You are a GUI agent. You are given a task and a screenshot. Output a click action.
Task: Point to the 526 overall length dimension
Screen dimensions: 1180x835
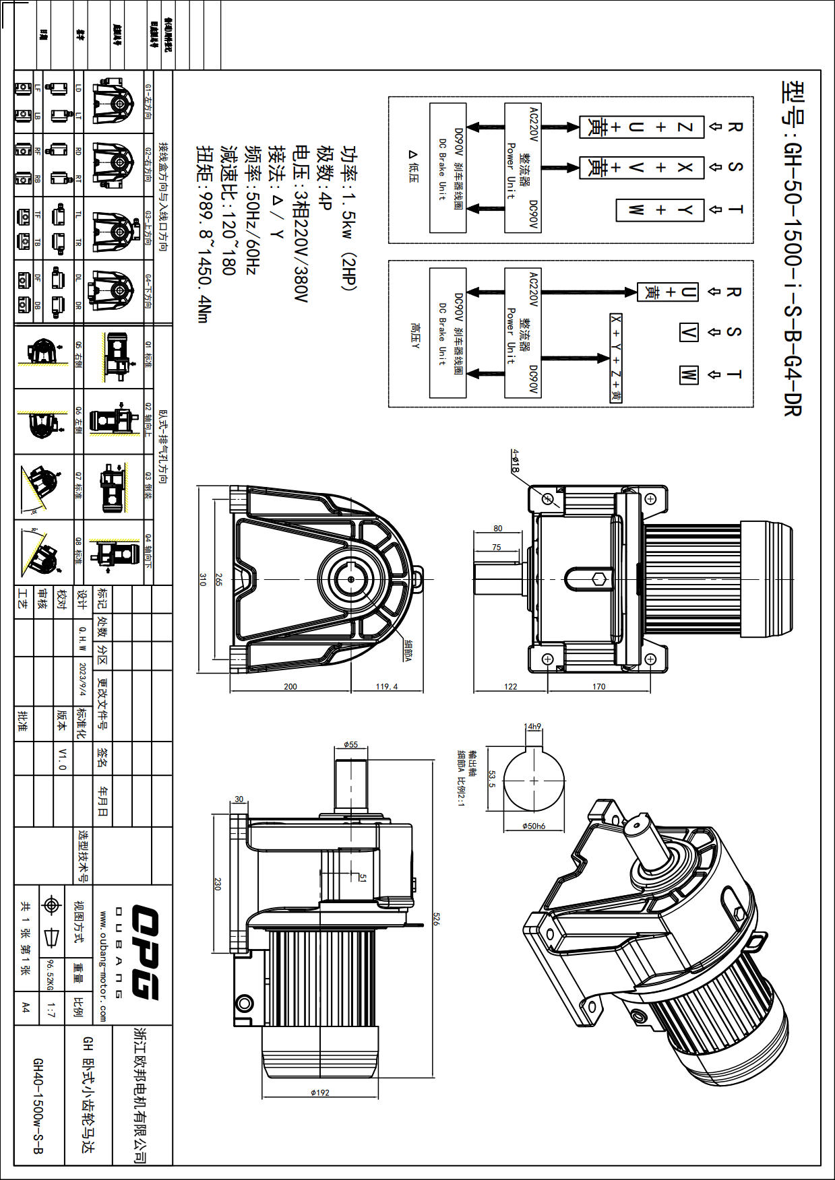[436, 919]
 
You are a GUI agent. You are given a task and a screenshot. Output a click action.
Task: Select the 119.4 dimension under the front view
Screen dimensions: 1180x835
[387, 686]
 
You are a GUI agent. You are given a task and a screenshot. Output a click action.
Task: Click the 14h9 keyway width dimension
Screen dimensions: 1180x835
[532, 726]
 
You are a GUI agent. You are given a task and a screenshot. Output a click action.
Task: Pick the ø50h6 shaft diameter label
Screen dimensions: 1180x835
[534, 826]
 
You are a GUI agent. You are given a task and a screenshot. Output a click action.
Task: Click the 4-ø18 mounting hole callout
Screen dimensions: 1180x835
[516, 461]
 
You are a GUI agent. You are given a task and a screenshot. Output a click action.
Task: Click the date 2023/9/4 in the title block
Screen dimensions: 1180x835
[83, 680]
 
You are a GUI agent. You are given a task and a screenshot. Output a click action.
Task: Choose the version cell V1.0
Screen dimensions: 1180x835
[62, 758]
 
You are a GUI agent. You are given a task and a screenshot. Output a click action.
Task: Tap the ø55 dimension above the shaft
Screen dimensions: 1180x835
[350, 744]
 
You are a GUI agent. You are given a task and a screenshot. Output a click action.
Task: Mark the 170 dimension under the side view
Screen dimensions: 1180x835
[598, 686]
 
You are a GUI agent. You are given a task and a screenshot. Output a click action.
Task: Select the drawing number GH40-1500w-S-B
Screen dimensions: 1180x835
[38, 1105]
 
